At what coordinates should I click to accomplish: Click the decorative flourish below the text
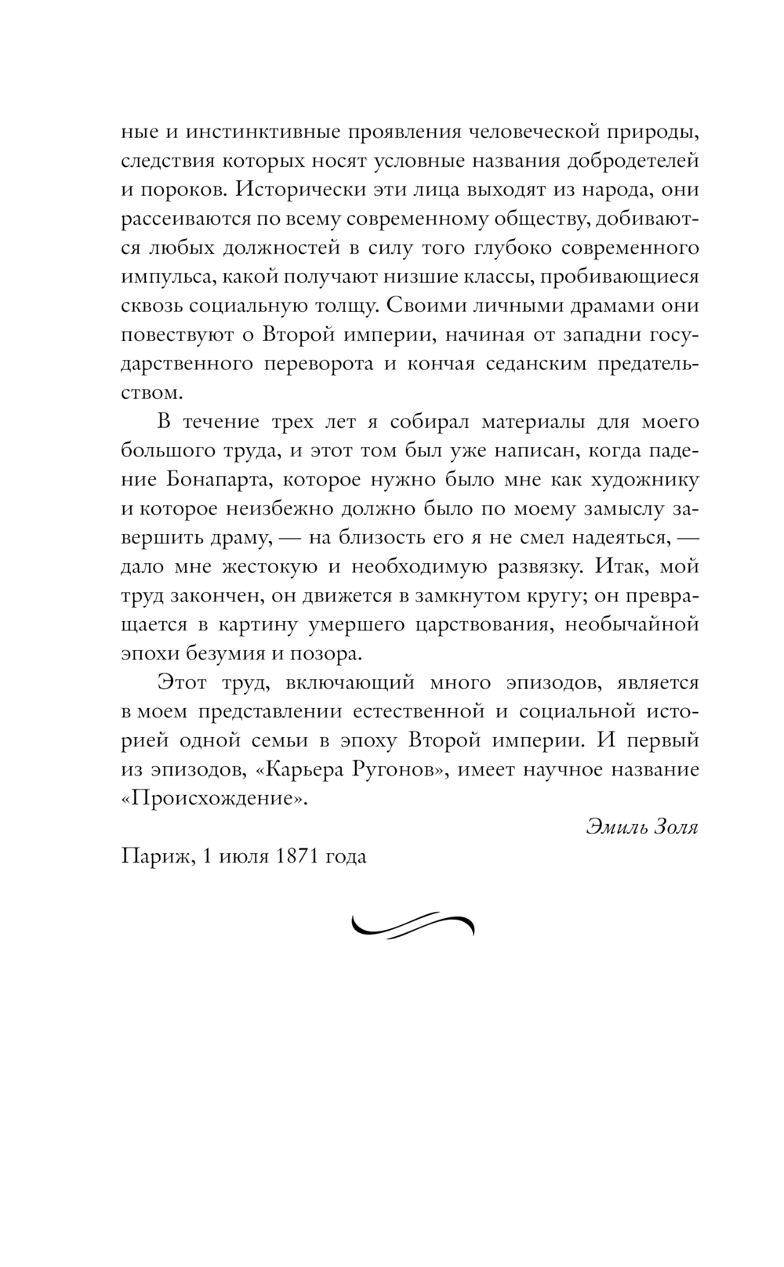pyautogui.click(x=413, y=924)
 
